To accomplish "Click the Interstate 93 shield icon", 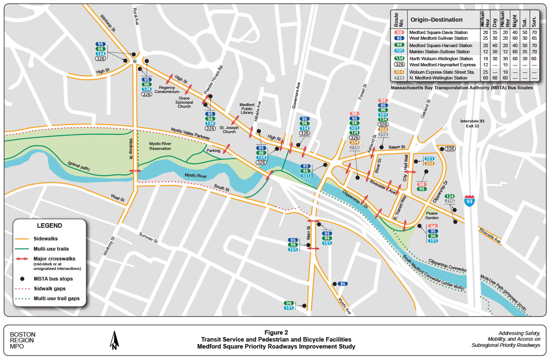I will pos(470,200).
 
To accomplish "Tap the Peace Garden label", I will pos(432,216).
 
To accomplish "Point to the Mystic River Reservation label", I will pos(160,146).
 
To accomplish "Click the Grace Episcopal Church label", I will pos(184,102).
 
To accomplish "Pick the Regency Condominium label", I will pos(167,90).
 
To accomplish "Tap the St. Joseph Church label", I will pos(229,129).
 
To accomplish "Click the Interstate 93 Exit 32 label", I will pos(472,124).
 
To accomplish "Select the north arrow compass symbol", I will pos(115,340).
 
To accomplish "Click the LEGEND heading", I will pos(50,226).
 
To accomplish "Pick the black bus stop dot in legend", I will pos(23,279).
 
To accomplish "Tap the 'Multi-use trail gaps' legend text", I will pos(57,299).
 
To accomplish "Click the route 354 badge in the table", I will pos(399,72).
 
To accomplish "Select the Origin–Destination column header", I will pos(436,20).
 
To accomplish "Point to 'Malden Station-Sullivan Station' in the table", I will pos(439,52).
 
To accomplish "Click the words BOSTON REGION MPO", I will pos(23,340).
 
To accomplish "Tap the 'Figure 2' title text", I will pos(276,333).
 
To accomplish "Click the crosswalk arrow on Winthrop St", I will pos(135,171).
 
